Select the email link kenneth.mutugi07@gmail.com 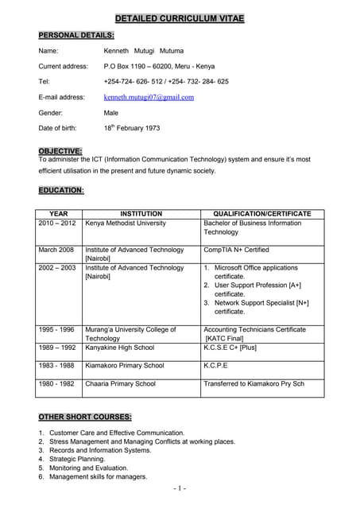149,97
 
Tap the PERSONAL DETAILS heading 76,35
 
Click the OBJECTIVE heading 60,151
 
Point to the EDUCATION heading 61,190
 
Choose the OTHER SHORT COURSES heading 85,417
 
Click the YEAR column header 59,214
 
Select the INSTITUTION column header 141,214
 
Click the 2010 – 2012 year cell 57,223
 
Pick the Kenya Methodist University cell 126,223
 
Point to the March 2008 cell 56,250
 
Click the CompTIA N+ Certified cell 238,250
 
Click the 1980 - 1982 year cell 56,383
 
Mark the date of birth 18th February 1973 131,128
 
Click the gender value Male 111,113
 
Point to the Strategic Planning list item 76,459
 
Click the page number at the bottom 180,488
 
